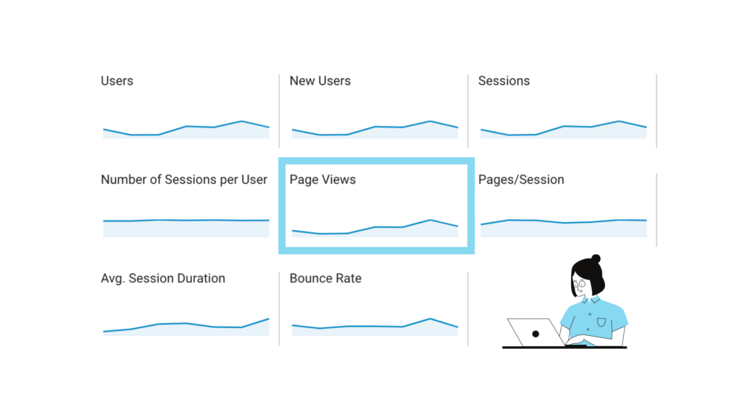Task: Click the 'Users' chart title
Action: click(x=117, y=81)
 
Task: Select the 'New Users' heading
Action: click(x=320, y=81)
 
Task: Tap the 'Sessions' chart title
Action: click(x=504, y=81)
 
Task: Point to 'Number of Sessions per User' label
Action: click(x=184, y=180)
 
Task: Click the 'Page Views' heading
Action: click(x=322, y=180)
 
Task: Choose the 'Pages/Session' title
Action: click(x=521, y=180)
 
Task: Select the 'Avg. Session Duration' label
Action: click(x=163, y=278)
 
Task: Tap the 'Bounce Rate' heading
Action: click(x=325, y=278)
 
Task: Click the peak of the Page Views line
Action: click(x=430, y=219)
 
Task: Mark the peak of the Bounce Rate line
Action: click(x=430, y=319)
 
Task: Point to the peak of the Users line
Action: click(x=241, y=121)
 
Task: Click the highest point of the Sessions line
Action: click(x=619, y=121)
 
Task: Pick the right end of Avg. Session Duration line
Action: click(x=269, y=319)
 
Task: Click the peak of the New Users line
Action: click(x=430, y=121)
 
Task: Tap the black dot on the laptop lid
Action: click(x=535, y=334)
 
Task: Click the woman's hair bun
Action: click(x=596, y=258)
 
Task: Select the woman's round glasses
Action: click(x=580, y=285)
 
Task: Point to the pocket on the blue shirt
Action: click(x=601, y=321)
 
